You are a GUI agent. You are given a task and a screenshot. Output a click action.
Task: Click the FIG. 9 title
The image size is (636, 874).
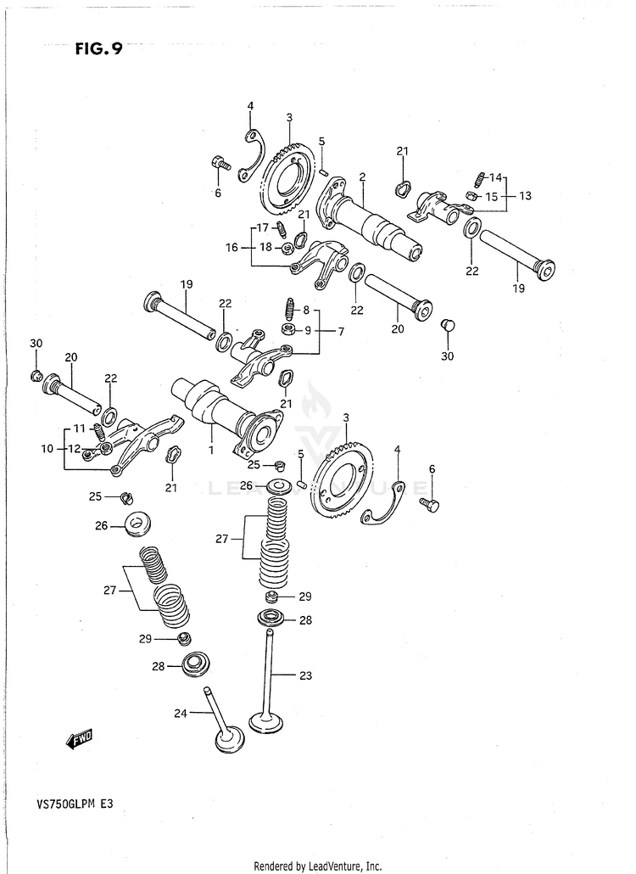98,48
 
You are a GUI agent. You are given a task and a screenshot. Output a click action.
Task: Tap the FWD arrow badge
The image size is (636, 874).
81,740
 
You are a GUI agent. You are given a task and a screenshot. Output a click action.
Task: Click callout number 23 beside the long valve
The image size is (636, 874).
305,676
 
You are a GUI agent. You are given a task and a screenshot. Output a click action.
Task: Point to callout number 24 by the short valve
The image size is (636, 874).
180,714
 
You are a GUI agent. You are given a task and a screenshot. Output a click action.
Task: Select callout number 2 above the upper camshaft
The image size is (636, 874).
362,176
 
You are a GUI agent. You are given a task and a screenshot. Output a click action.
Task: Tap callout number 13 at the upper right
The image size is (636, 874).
525,195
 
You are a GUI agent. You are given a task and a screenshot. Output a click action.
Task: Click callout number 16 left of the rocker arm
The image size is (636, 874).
232,248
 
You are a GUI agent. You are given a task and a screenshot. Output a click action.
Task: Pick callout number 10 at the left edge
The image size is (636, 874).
47,448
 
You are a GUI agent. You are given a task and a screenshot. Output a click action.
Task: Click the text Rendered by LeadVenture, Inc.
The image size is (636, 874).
318,866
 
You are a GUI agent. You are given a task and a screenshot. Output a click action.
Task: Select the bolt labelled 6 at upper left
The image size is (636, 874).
221,163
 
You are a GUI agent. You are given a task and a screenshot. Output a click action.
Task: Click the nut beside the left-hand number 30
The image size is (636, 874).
36,376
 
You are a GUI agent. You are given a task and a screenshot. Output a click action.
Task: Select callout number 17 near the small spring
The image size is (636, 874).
263,227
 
